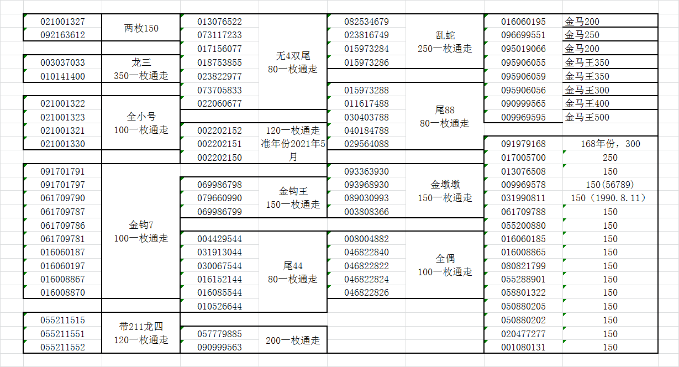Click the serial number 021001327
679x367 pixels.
click(63, 22)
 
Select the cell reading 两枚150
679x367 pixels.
click(141, 28)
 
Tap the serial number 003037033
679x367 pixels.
click(63, 63)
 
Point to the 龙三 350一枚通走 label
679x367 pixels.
click(141, 69)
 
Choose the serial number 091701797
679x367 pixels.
click(63, 185)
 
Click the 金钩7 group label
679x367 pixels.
click(141, 232)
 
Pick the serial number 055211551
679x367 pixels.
click(63, 334)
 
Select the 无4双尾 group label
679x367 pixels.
click(292, 62)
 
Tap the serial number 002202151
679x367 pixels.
click(219, 144)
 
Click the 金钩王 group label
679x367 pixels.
click(293, 198)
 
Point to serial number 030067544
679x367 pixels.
click(219, 266)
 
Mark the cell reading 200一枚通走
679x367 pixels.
click(293, 340)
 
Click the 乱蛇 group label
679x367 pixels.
click(445, 42)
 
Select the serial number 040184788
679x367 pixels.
click(366, 131)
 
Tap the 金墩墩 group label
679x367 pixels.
click(445, 191)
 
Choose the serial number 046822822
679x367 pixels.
click(366, 266)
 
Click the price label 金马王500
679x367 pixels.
click(587, 117)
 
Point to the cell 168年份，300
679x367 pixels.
click(610, 144)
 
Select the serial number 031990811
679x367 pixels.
click(523, 198)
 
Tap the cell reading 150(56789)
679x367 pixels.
click(610, 185)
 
